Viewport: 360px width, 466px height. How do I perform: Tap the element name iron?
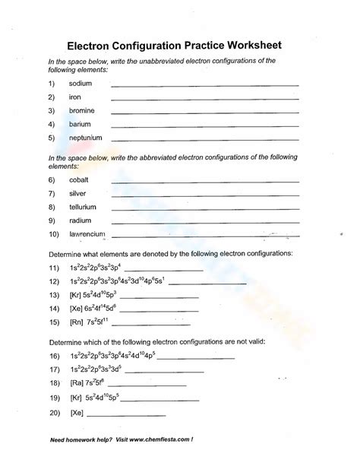[x=74, y=97]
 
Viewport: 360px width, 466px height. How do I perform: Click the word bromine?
[x=82, y=111]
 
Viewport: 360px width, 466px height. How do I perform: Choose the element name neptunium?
[x=85, y=138]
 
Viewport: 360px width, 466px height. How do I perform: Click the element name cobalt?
[x=78, y=179]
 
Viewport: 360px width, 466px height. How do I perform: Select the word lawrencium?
[x=87, y=234]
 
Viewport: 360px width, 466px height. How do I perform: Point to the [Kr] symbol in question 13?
[x=76, y=295]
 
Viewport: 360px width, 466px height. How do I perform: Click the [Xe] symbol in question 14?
[x=76, y=309]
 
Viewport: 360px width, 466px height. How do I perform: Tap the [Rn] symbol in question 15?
[x=76, y=322]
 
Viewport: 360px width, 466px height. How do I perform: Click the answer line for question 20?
[x=126, y=415]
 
